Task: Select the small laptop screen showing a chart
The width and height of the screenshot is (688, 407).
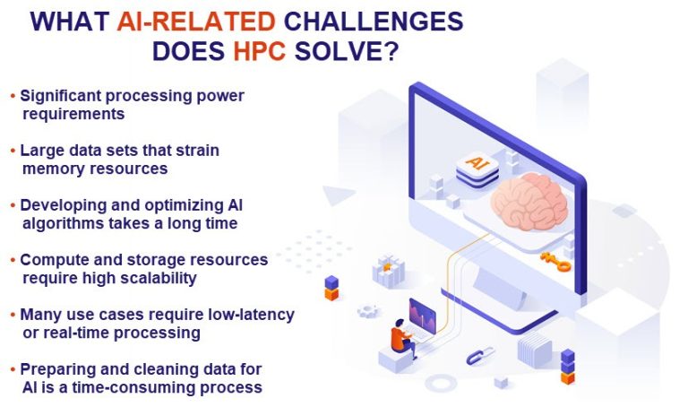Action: coord(421,314)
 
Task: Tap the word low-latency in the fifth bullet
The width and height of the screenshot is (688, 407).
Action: coord(249,315)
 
